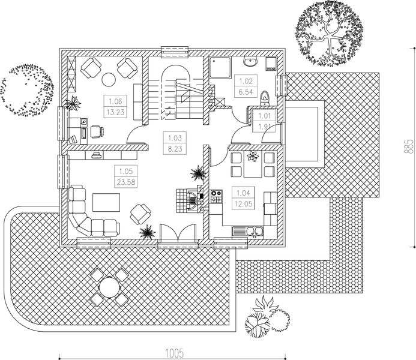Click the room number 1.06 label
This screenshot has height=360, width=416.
pyautogui.click(x=116, y=101)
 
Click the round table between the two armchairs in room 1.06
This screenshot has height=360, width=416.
pyautogui.click(x=110, y=78)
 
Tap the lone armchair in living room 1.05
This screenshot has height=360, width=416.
pyautogui.click(x=141, y=212)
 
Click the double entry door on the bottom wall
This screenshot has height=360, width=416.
pyautogui.click(x=178, y=234)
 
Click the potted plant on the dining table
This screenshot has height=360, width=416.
pyautogui.click(x=254, y=158)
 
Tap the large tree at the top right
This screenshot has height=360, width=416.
pyautogui.click(x=326, y=35)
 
